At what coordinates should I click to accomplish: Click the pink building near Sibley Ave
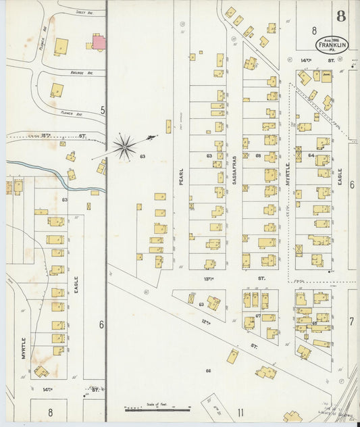(x=99, y=43)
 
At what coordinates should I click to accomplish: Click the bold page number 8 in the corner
(x=342, y=16)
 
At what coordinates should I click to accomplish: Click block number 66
(x=208, y=370)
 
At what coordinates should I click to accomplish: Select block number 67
(x=258, y=316)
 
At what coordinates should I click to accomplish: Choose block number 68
(x=259, y=156)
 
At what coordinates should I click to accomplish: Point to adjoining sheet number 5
(x=103, y=109)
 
